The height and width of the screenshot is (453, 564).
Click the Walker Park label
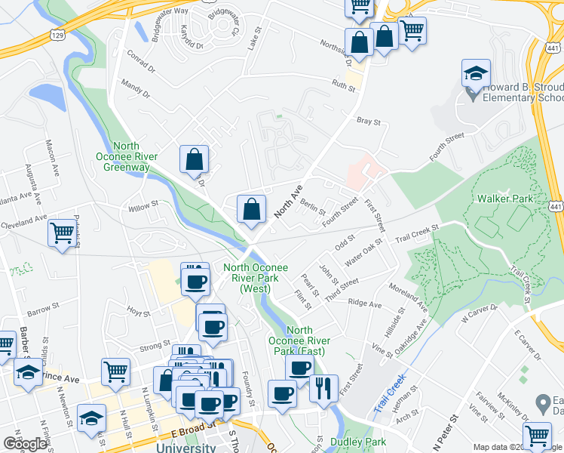tap(505, 199)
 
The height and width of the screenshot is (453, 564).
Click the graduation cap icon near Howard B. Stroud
tap(475, 75)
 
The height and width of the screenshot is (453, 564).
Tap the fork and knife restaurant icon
tap(323, 388)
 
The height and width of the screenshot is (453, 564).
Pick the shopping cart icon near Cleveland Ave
tap(61, 233)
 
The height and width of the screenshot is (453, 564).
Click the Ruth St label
tap(344, 85)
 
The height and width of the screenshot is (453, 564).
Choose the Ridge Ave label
tap(365, 304)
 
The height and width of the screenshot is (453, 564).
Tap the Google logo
tap(26, 443)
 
